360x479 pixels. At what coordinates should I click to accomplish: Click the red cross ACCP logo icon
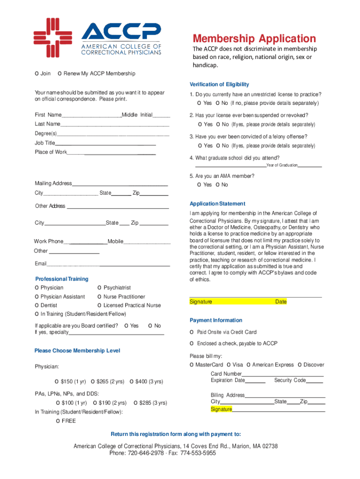click(53, 37)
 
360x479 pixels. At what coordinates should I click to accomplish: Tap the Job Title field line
click(106, 143)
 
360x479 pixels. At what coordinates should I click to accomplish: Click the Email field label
click(41, 264)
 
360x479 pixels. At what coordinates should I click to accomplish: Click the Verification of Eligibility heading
click(219, 85)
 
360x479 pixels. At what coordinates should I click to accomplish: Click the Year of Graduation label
click(282, 166)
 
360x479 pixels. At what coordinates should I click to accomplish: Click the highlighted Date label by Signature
click(281, 302)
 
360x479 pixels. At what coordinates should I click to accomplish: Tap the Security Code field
click(315, 381)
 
